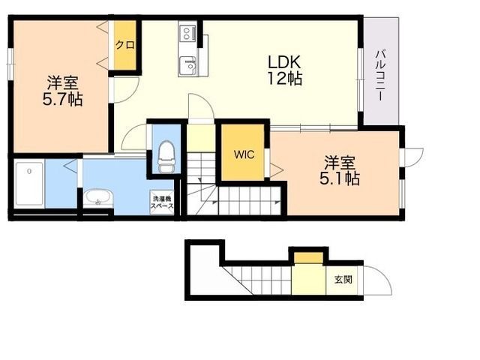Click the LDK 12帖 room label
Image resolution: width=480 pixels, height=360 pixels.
pyautogui.click(x=285, y=70)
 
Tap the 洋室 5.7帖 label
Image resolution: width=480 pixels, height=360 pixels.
pyautogui.click(x=63, y=91)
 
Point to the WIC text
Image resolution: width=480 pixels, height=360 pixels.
pyautogui.click(x=244, y=154)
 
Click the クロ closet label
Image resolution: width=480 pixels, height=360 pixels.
pyautogui.click(x=125, y=45)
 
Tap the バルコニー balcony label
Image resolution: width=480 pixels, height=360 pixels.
pyautogui.click(x=380, y=75)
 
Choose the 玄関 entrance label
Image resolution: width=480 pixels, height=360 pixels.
pyautogui.click(x=343, y=279)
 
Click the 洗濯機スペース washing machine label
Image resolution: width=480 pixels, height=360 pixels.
pyautogui.click(x=162, y=202)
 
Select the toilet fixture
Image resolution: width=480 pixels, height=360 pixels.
pyautogui.click(x=166, y=157)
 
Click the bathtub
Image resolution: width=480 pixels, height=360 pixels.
pyautogui.click(x=29, y=184)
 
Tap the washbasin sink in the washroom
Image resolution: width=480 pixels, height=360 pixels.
pyautogui.click(x=98, y=197)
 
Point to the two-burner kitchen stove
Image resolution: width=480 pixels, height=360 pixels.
pyautogui.click(x=187, y=33)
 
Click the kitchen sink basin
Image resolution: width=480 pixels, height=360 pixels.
pyautogui.click(x=188, y=65)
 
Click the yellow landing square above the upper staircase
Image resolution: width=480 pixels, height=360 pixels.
pyautogui.click(x=200, y=138)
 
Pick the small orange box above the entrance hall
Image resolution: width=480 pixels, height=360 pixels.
pyautogui.click(x=308, y=257)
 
